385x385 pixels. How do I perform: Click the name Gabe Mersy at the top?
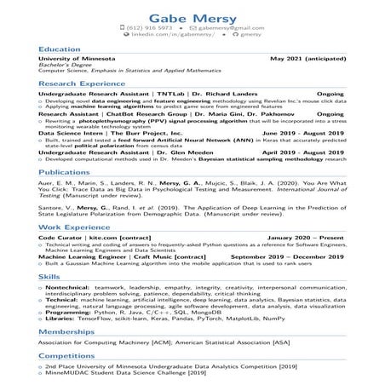coord(192,16)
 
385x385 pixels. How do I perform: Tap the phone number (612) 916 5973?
coord(154,28)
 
